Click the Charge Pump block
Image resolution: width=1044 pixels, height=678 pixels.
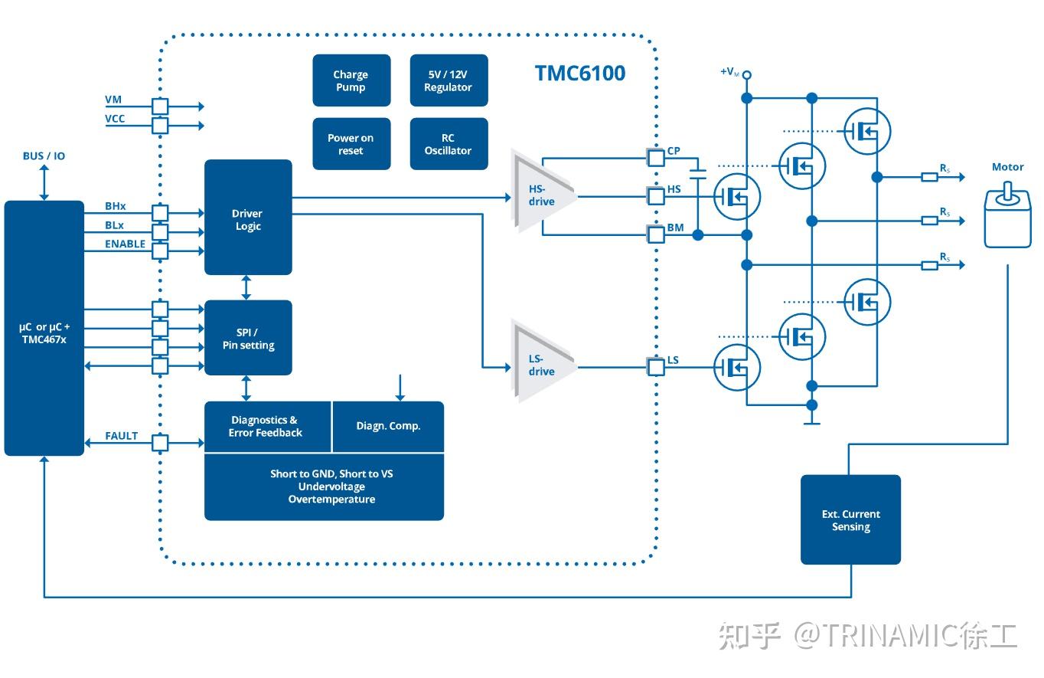pos(351,80)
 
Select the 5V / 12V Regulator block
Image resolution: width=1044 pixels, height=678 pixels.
pos(449,80)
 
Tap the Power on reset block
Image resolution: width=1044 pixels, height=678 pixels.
pos(351,144)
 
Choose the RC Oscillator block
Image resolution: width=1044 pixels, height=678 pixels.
pos(449,144)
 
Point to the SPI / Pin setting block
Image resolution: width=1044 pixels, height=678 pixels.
pos(248,338)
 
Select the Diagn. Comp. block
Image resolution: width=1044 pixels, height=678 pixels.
pos(388,426)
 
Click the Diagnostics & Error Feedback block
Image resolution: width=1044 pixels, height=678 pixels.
pos(266,426)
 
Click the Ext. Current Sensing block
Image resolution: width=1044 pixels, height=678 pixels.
pos(850,519)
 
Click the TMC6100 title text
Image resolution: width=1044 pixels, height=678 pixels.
pos(579,74)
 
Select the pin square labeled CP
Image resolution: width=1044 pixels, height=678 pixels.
pos(656,158)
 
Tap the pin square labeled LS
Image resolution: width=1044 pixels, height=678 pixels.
pos(656,367)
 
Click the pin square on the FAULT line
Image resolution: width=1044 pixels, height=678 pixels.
pos(160,443)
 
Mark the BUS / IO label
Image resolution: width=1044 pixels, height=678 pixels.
pos(44,156)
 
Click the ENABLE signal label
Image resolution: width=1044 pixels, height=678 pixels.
pos(125,244)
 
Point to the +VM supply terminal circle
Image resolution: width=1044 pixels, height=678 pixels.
pos(747,74)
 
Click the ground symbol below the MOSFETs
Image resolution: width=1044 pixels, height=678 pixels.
pos(811,422)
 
